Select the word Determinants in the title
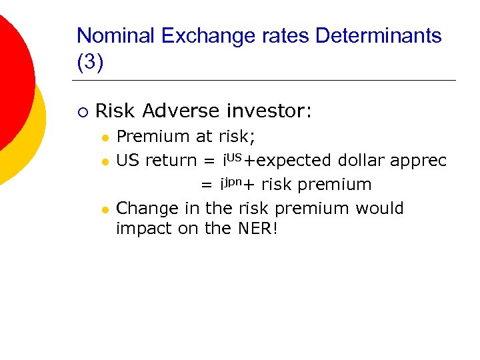pos(379,35)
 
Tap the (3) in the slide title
pos(90,63)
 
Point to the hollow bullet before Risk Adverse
pos(81,112)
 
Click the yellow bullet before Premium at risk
pos(104,137)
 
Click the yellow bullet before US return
pos(104,161)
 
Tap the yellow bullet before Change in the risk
pos(104,209)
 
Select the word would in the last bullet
pos(379,209)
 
